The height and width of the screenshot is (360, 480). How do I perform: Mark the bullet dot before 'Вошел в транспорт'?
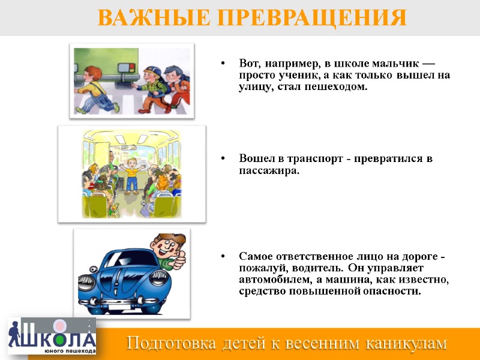[223, 159]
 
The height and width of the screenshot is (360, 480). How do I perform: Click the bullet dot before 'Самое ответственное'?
[223, 257]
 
